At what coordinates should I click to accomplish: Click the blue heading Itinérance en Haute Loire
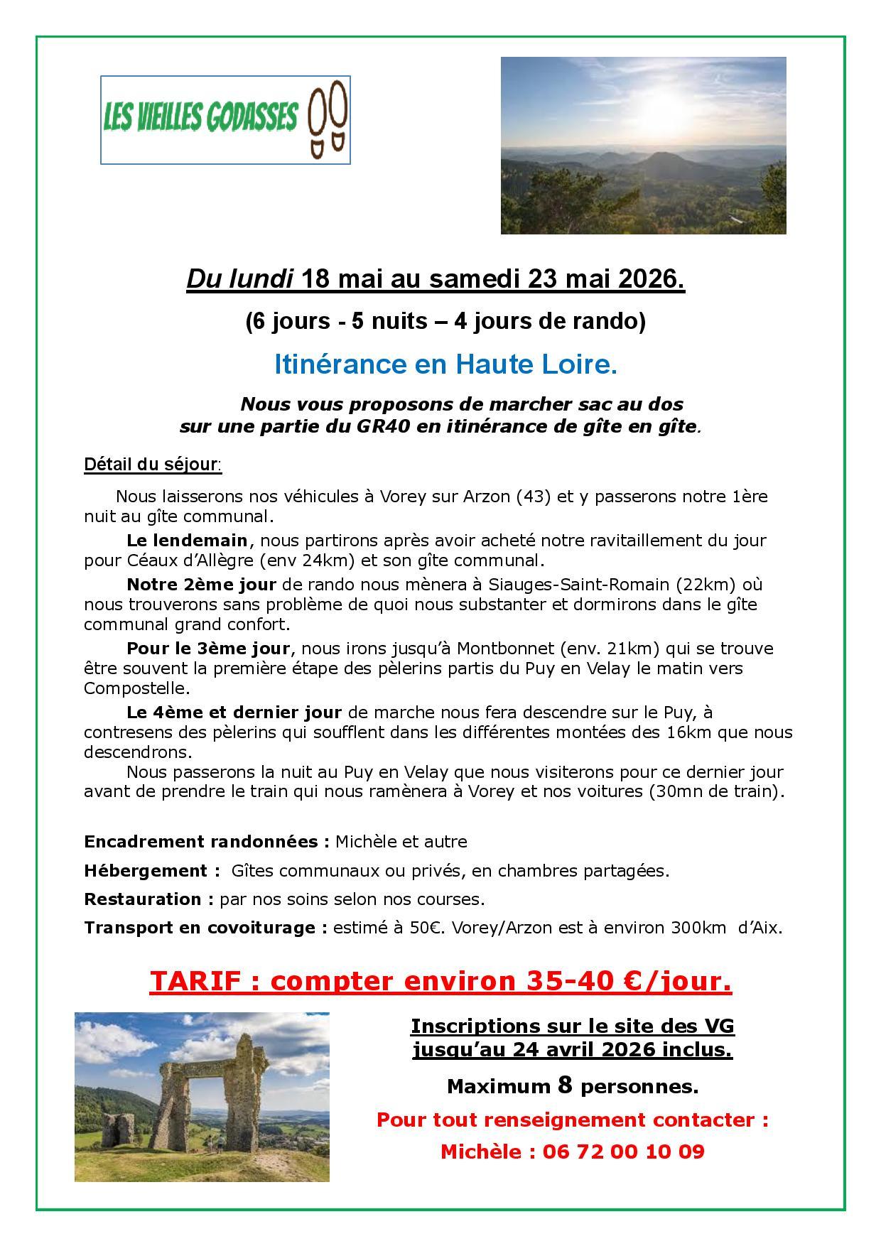[445, 364]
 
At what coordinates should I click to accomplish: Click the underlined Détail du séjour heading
[152, 465]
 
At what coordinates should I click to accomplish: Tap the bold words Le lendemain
[187, 540]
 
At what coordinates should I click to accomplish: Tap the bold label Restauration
[148, 899]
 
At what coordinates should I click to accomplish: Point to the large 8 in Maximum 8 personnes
[565, 1085]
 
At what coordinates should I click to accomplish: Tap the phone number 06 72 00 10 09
[623, 1152]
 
